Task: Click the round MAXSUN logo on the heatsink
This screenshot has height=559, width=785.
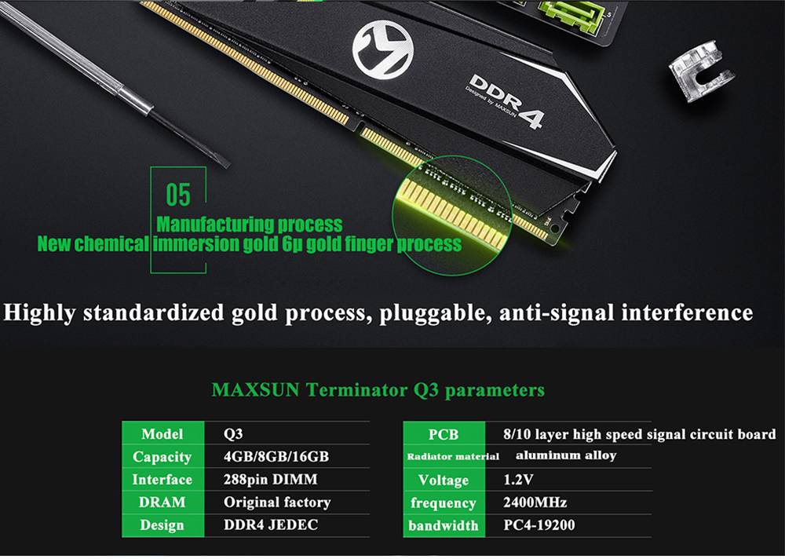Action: [383, 49]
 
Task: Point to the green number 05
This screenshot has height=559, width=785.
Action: [178, 195]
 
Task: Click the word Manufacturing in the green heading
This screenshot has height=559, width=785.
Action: [216, 224]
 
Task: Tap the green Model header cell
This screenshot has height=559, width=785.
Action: [162, 433]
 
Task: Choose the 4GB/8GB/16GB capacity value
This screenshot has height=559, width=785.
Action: [276, 457]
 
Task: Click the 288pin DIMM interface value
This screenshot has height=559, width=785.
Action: [270, 480]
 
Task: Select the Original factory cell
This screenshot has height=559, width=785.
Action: [277, 502]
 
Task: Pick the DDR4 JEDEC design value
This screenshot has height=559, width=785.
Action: [270, 524]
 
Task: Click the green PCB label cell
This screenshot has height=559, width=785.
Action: [444, 434]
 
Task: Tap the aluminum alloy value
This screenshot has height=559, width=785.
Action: [566, 455]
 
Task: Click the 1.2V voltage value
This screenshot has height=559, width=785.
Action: [517, 480]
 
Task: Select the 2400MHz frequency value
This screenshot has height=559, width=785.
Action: [535, 502]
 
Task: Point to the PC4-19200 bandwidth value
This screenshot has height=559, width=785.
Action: [539, 524]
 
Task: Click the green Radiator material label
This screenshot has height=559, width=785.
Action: [453, 456]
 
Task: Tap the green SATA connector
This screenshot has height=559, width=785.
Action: [570, 15]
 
